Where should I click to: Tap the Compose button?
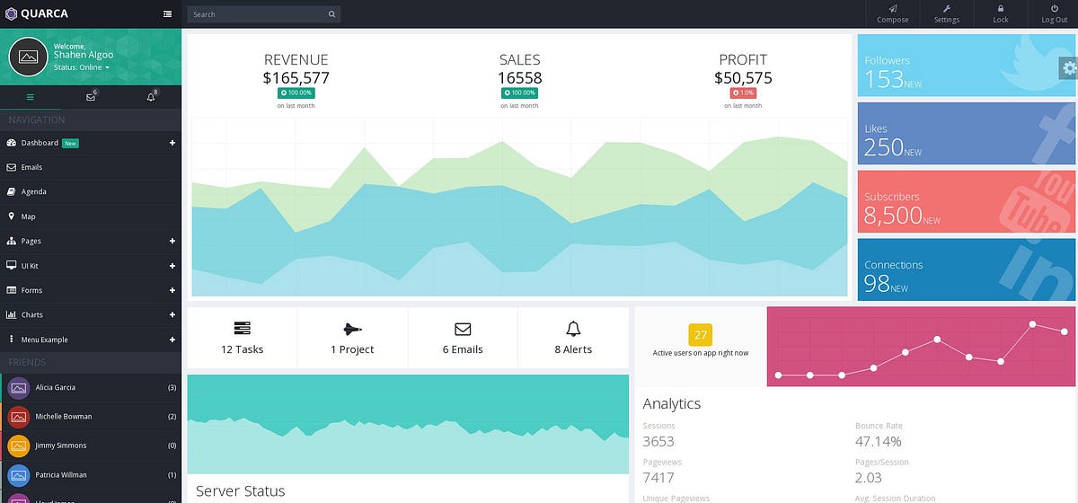pyautogui.click(x=892, y=13)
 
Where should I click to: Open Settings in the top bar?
pyautogui.click(x=946, y=13)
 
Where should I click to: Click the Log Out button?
pyautogui.click(x=1054, y=13)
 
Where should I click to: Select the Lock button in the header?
pyautogui.click(x=1000, y=13)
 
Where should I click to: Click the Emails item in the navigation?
pyautogui.click(x=31, y=167)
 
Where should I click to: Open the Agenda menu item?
pyautogui.click(x=33, y=191)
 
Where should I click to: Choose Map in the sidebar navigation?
pyautogui.click(x=28, y=216)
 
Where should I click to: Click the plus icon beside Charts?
pyautogui.click(x=172, y=315)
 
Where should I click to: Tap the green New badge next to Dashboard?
pyautogui.click(x=70, y=143)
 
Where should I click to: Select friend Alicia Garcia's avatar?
pyautogui.click(x=19, y=388)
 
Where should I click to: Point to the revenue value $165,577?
pyautogui.click(x=296, y=78)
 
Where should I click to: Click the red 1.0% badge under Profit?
pyautogui.click(x=743, y=93)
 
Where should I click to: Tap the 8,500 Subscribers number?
pyautogui.click(x=893, y=215)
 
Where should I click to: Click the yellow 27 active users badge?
pyautogui.click(x=700, y=335)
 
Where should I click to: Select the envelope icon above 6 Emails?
pyautogui.click(x=463, y=329)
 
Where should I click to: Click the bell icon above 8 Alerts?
pyautogui.click(x=573, y=329)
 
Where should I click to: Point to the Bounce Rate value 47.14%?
pyautogui.click(x=878, y=441)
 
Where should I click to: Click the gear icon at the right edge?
pyautogui.click(x=1068, y=68)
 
